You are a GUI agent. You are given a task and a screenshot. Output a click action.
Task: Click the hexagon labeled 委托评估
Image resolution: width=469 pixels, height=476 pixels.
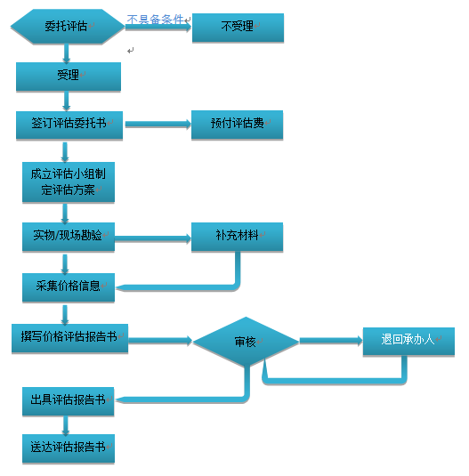68,27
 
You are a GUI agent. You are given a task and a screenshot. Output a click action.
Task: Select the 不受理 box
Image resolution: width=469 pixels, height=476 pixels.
238,28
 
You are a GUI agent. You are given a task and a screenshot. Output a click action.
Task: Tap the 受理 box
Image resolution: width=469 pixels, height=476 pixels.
69,77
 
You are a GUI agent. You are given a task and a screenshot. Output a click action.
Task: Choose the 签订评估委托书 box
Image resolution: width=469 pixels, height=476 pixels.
69,125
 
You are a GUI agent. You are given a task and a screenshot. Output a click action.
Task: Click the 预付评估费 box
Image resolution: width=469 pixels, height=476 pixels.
237,125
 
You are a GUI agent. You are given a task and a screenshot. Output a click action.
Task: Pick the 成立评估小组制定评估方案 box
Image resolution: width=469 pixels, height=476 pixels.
69,182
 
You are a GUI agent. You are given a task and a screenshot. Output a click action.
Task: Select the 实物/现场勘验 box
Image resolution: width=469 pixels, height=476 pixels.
69,237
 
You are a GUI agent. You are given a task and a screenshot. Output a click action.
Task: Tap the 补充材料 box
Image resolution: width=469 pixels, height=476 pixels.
237,237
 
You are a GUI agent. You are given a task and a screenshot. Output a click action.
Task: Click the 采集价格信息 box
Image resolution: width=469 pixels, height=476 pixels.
69,287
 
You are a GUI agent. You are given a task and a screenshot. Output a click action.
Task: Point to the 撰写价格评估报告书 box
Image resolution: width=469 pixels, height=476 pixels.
69,338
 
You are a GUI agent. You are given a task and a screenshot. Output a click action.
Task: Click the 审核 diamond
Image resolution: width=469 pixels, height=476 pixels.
246,342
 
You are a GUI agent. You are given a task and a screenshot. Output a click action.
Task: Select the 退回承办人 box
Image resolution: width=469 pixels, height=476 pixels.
408,342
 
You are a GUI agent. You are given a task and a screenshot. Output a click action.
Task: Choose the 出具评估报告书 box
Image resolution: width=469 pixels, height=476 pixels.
68,401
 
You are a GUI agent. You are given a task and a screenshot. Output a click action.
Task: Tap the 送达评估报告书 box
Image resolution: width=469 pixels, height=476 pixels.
69,448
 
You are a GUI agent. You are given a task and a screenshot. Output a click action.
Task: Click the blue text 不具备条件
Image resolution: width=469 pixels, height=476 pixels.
155,19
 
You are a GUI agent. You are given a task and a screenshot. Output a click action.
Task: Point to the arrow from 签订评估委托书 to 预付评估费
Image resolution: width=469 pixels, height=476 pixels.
158,125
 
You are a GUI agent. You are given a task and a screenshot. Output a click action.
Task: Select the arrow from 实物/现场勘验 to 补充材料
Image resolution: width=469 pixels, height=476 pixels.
153,238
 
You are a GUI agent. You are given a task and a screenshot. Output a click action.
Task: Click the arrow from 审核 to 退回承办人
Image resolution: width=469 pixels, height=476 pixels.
331,341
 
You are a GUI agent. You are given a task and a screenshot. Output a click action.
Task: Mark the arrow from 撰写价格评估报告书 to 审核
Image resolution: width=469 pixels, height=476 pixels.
160,341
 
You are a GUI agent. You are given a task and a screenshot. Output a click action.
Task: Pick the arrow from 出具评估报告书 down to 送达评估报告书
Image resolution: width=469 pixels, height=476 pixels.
66,425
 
